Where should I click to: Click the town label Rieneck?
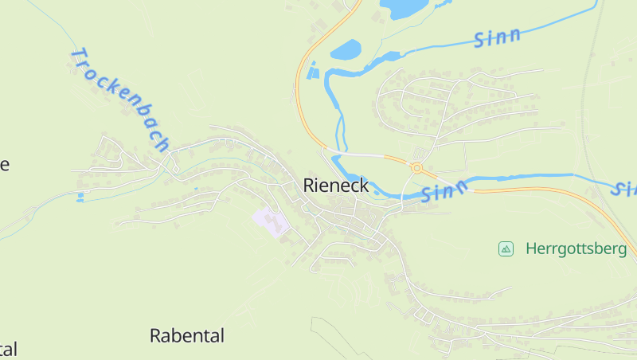click(x=335, y=186)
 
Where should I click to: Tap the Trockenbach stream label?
click(x=120, y=99)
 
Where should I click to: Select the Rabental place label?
click(x=187, y=335)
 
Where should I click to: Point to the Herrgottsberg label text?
click(x=576, y=249)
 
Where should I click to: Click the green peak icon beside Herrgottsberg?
click(x=506, y=249)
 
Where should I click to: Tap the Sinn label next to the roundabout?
click(x=447, y=191)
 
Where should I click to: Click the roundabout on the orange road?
click(x=416, y=167)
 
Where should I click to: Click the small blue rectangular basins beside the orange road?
click(x=313, y=72)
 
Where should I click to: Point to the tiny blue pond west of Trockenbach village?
click(x=80, y=196)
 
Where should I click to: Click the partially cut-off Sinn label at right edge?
click(x=625, y=189)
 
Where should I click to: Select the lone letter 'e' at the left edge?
click(x=4, y=165)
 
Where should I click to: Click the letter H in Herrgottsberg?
click(x=531, y=249)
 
